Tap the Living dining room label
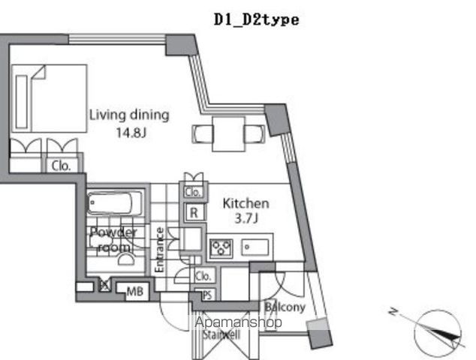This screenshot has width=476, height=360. (x=129, y=115)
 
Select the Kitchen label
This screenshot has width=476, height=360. (x=246, y=203)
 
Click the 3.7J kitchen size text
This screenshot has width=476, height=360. (x=246, y=218)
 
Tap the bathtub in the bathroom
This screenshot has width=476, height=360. (x=116, y=204)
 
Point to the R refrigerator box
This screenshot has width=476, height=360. (x=194, y=213)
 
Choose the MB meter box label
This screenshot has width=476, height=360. (x=134, y=291)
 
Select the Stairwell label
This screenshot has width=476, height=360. (x=221, y=335)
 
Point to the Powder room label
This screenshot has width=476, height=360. (x=113, y=239)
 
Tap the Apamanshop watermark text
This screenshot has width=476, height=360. (x=238, y=322)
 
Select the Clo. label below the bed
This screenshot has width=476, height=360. (x=61, y=167)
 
